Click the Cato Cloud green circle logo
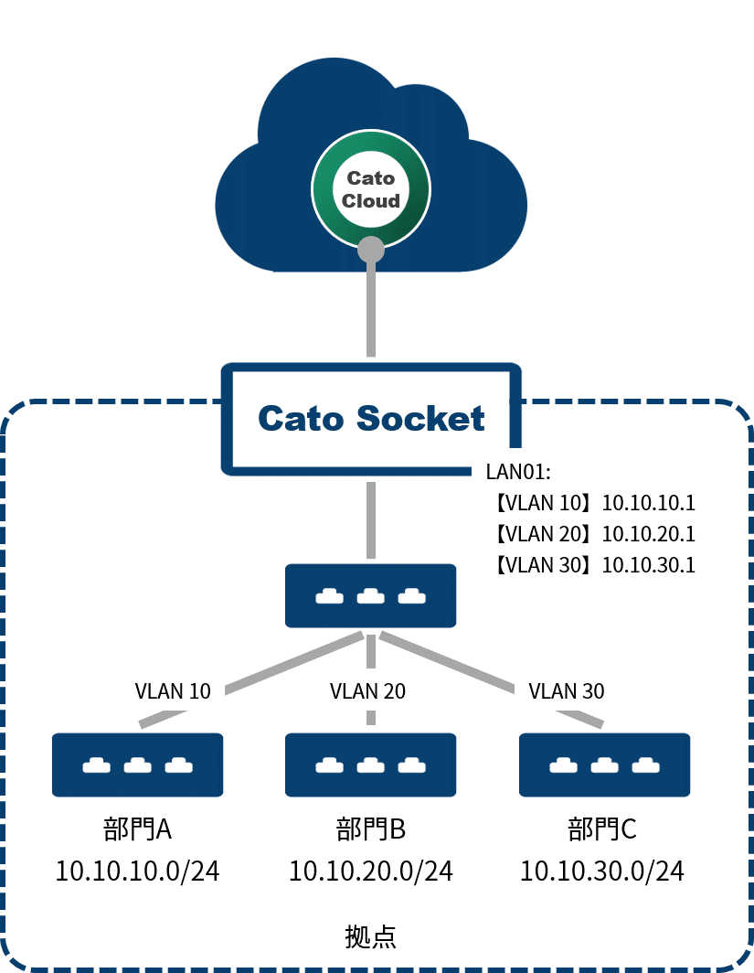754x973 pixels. (370, 189)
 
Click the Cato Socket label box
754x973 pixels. (370, 419)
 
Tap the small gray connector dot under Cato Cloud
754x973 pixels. (370, 248)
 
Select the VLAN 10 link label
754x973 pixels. (173, 690)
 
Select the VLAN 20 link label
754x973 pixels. (367, 690)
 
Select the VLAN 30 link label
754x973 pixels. (567, 690)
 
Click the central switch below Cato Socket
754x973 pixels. (370, 595)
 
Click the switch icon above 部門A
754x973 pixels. (138, 764)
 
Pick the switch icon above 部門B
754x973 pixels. (370, 764)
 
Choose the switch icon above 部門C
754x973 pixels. (604, 764)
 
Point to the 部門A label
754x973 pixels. (138, 829)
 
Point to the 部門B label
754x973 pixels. (370, 829)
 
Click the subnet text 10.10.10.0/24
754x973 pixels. (138, 871)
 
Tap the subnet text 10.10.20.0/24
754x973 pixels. (370, 871)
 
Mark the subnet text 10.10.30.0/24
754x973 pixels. (602, 871)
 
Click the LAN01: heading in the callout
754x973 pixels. (518, 472)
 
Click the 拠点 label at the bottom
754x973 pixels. (370, 936)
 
